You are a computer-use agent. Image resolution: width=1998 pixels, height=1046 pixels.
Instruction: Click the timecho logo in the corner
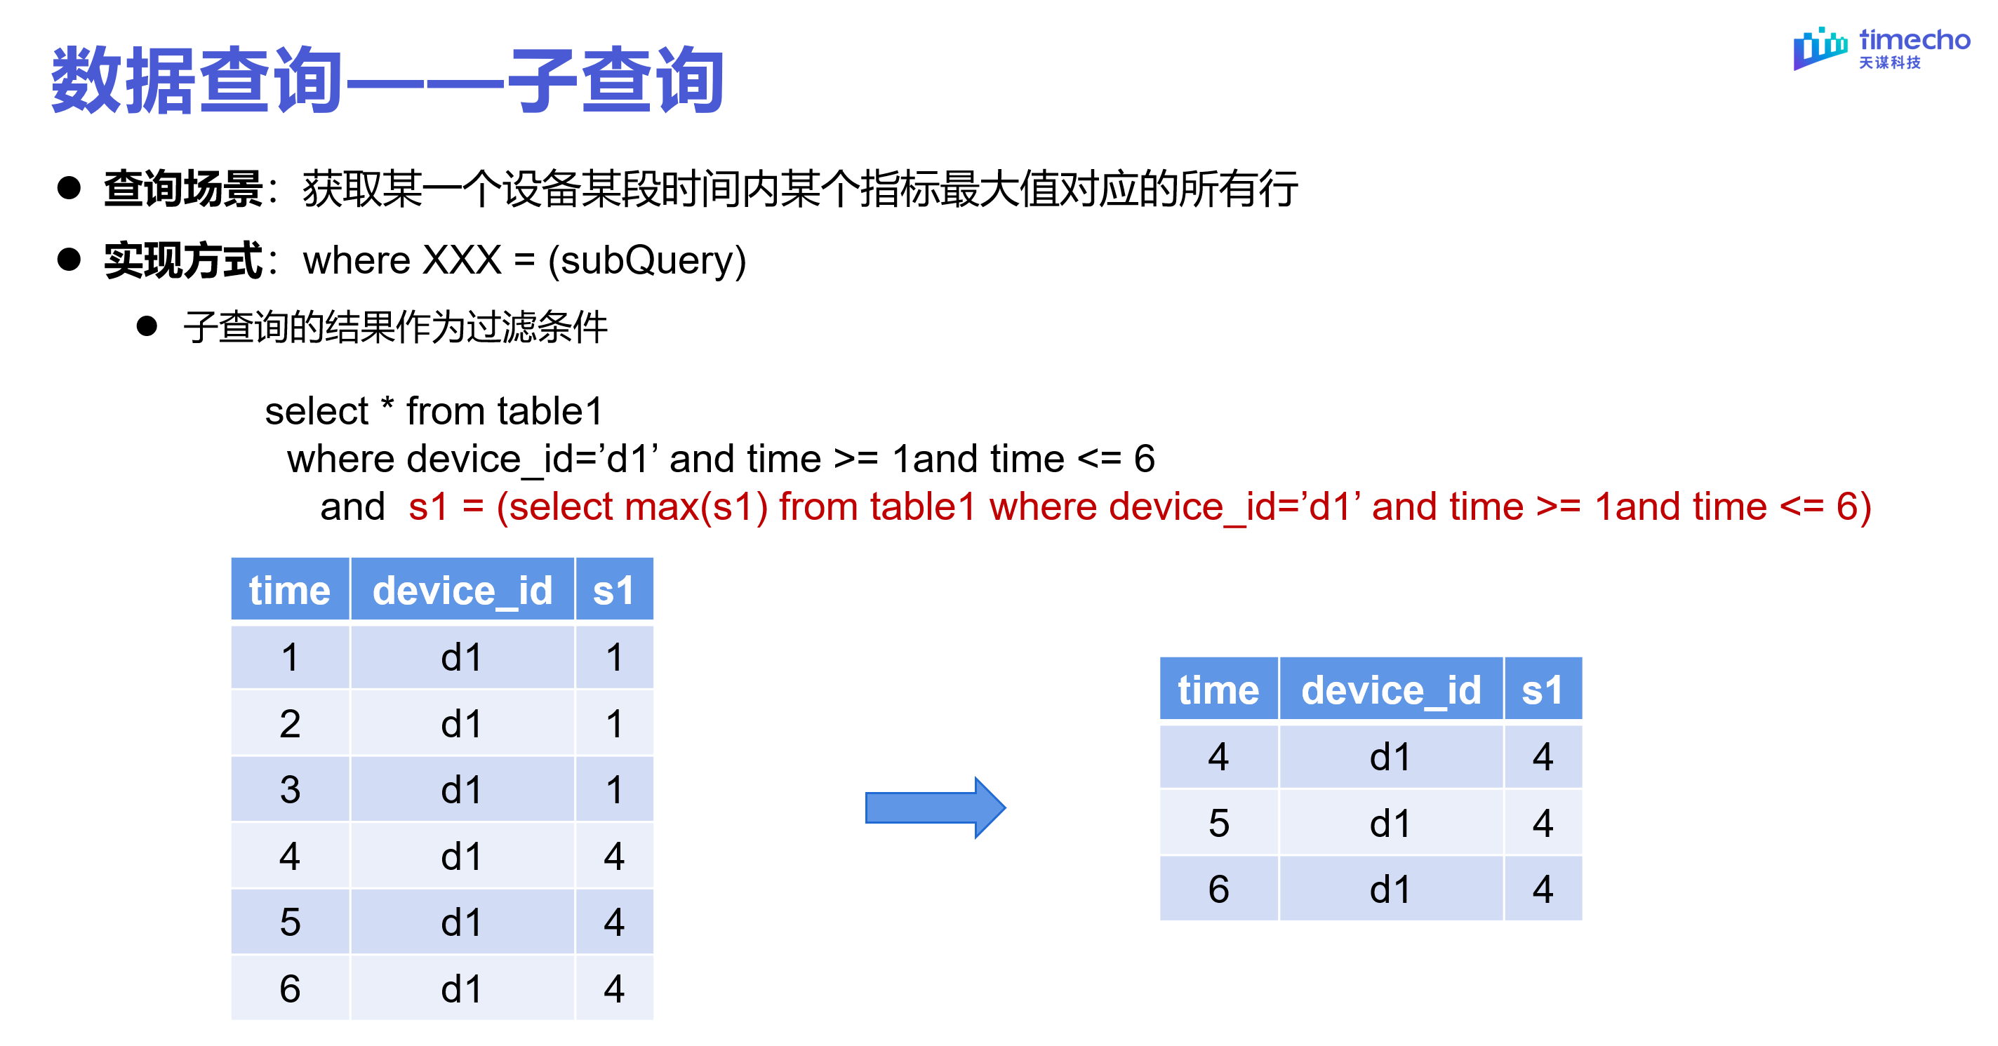point(1880,48)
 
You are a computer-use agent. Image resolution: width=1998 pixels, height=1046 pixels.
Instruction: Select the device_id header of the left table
point(462,590)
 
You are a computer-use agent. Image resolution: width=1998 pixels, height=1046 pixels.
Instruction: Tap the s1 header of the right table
point(1542,690)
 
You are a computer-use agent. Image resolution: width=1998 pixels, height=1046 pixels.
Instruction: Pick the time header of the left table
point(289,590)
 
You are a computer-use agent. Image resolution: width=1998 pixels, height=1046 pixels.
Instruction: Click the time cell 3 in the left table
point(289,789)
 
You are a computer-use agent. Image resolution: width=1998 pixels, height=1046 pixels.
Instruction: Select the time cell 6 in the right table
point(1218,889)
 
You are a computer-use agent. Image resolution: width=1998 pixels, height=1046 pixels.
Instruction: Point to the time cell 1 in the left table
point(289,657)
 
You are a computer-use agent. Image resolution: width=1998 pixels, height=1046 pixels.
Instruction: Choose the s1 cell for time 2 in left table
point(613,723)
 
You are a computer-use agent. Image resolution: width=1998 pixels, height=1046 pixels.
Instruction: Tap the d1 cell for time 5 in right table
point(1390,823)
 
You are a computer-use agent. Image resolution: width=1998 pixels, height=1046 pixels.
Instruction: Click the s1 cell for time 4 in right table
point(1542,756)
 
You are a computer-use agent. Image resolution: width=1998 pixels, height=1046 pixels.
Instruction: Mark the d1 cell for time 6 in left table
point(462,988)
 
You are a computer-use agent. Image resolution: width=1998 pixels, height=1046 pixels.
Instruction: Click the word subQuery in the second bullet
point(647,260)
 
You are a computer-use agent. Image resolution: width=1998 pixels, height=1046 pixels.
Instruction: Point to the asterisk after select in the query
point(387,405)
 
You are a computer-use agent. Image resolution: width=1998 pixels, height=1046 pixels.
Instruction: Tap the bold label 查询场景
point(183,189)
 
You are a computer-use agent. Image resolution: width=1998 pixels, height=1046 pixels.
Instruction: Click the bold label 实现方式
point(183,260)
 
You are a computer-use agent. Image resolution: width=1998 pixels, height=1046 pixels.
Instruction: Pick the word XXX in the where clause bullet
point(462,260)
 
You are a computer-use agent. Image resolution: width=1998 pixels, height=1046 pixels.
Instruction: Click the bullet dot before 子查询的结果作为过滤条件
point(147,326)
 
